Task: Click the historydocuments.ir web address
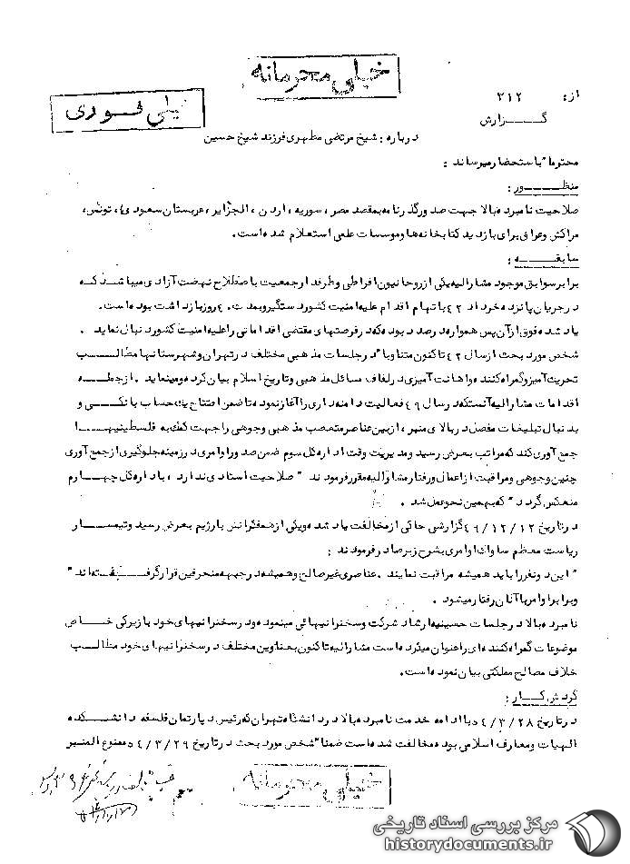481,844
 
